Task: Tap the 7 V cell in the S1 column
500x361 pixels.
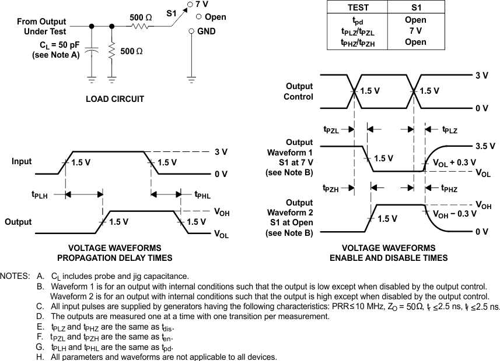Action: coord(415,31)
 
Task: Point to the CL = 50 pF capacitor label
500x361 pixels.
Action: coord(51,45)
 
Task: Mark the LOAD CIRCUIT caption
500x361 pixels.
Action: coord(115,99)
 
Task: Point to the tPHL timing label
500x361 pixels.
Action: coord(202,195)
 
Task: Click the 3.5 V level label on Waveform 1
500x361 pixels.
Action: coord(485,146)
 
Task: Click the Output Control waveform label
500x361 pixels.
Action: coord(298,91)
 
